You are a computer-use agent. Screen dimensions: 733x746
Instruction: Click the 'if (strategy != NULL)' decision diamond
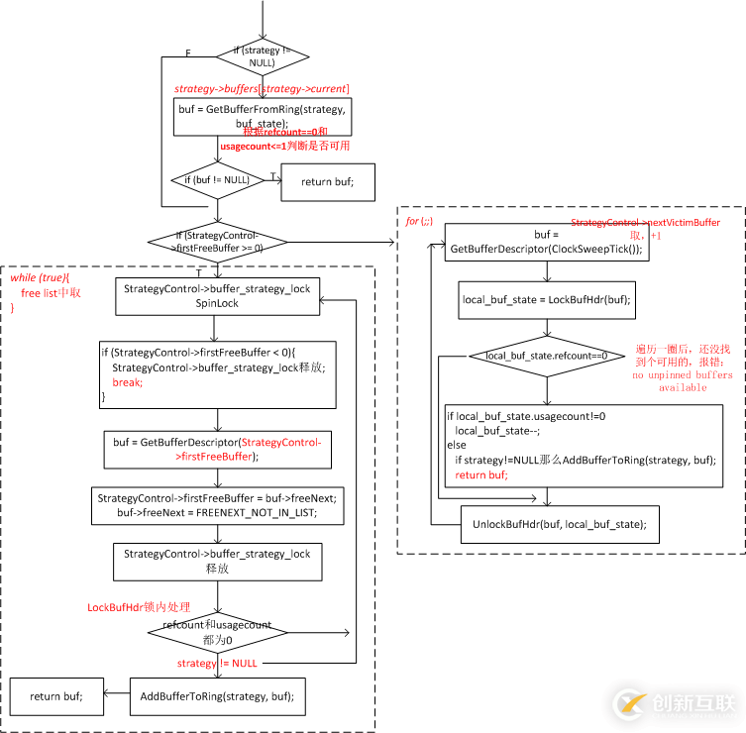pyautogui.click(x=262, y=56)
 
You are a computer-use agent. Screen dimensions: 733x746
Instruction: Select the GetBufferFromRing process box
pyautogui.click(x=262, y=115)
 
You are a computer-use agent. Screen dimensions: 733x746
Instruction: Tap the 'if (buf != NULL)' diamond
pyautogui.click(x=216, y=180)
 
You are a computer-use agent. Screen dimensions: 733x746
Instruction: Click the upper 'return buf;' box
pyautogui.click(x=327, y=181)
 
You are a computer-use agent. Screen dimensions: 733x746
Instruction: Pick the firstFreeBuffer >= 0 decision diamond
pyautogui.click(x=217, y=241)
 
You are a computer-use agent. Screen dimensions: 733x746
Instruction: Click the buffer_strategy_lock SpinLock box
pyautogui.click(x=217, y=296)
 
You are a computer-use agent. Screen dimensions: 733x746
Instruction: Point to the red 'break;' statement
pyautogui.click(x=126, y=381)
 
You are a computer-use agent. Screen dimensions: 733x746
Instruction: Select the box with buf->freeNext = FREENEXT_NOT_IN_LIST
pyautogui.click(x=217, y=506)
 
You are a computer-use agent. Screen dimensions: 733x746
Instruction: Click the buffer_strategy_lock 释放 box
pyautogui.click(x=217, y=561)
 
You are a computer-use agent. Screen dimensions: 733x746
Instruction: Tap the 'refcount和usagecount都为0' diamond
pyautogui.click(x=217, y=631)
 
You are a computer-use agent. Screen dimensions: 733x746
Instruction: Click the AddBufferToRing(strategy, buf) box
pyautogui.click(x=217, y=696)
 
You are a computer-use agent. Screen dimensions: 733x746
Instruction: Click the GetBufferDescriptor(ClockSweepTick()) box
pyautogui.click(x=546, y=243)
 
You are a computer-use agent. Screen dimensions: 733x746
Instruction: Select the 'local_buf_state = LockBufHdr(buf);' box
pyautogui.click(x=546, y=298)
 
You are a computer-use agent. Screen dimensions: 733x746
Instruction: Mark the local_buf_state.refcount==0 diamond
pyautogui.click(x=546, y=356)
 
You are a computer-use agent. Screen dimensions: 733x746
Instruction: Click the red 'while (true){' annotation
pyautogui.click(x=40, y=278)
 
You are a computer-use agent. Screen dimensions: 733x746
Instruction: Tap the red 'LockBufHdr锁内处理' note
pyautogui.click(x=138, y=607)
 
